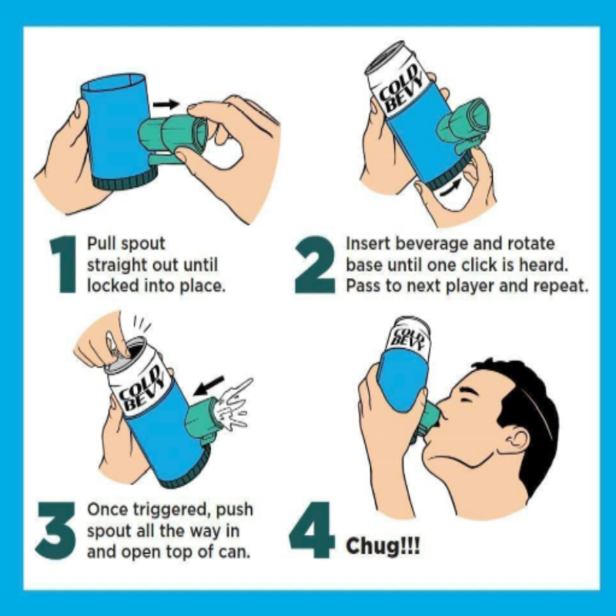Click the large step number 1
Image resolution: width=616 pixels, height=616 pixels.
64,264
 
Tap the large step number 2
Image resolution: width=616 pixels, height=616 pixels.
315,264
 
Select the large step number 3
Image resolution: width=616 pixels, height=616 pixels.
55,531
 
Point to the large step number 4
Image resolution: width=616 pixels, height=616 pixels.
312,530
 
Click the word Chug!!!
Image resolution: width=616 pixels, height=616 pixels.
383,547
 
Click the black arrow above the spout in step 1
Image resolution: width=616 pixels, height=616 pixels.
166,104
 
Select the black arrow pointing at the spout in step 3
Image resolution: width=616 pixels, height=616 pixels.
209,386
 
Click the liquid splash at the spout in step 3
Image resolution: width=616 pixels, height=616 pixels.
234,406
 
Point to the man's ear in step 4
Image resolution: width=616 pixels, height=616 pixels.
518,441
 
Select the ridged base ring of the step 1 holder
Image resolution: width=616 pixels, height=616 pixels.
126,180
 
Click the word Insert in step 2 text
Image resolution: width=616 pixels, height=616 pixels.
368,243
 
